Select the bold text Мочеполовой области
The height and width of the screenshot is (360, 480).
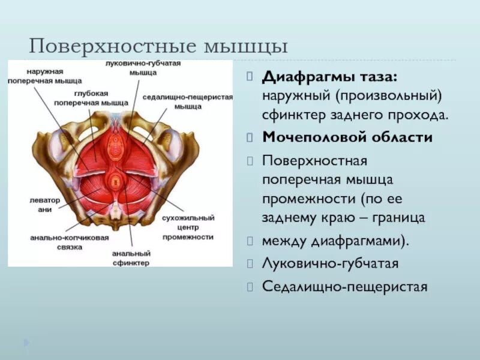click(347, 137)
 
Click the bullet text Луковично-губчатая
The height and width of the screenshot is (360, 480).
click(330, 263)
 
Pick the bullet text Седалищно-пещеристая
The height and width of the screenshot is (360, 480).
click(344, 287)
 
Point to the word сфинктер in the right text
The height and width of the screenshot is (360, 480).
click(290, 114)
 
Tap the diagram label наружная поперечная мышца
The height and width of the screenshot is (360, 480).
click(37, 75)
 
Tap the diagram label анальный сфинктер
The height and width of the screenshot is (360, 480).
click(130, 258)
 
